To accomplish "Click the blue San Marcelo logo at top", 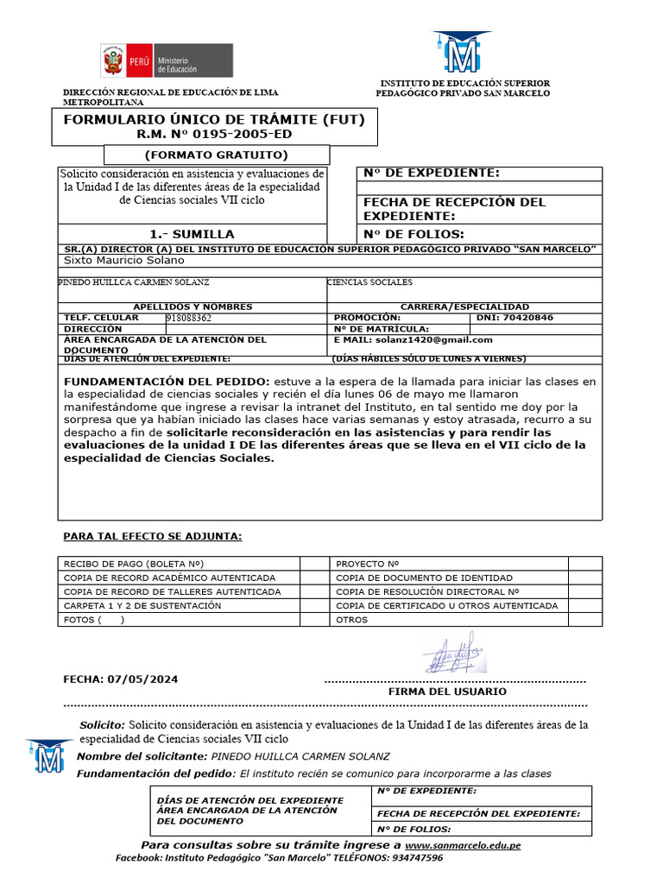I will [462, 54].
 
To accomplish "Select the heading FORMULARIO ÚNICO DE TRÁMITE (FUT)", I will [214, 119].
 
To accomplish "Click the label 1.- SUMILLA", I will [192, 234].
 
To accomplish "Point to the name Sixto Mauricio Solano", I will [124, 260].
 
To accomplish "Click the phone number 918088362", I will [188, 318].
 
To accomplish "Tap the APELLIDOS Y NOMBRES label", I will [193, 306].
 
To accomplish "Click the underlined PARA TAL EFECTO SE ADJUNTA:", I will [153, 537].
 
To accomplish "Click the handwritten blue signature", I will [454, 653].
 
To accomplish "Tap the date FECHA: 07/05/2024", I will [121, 679].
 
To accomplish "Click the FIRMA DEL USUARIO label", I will [447, 691].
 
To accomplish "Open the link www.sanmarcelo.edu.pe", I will [463, 845].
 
